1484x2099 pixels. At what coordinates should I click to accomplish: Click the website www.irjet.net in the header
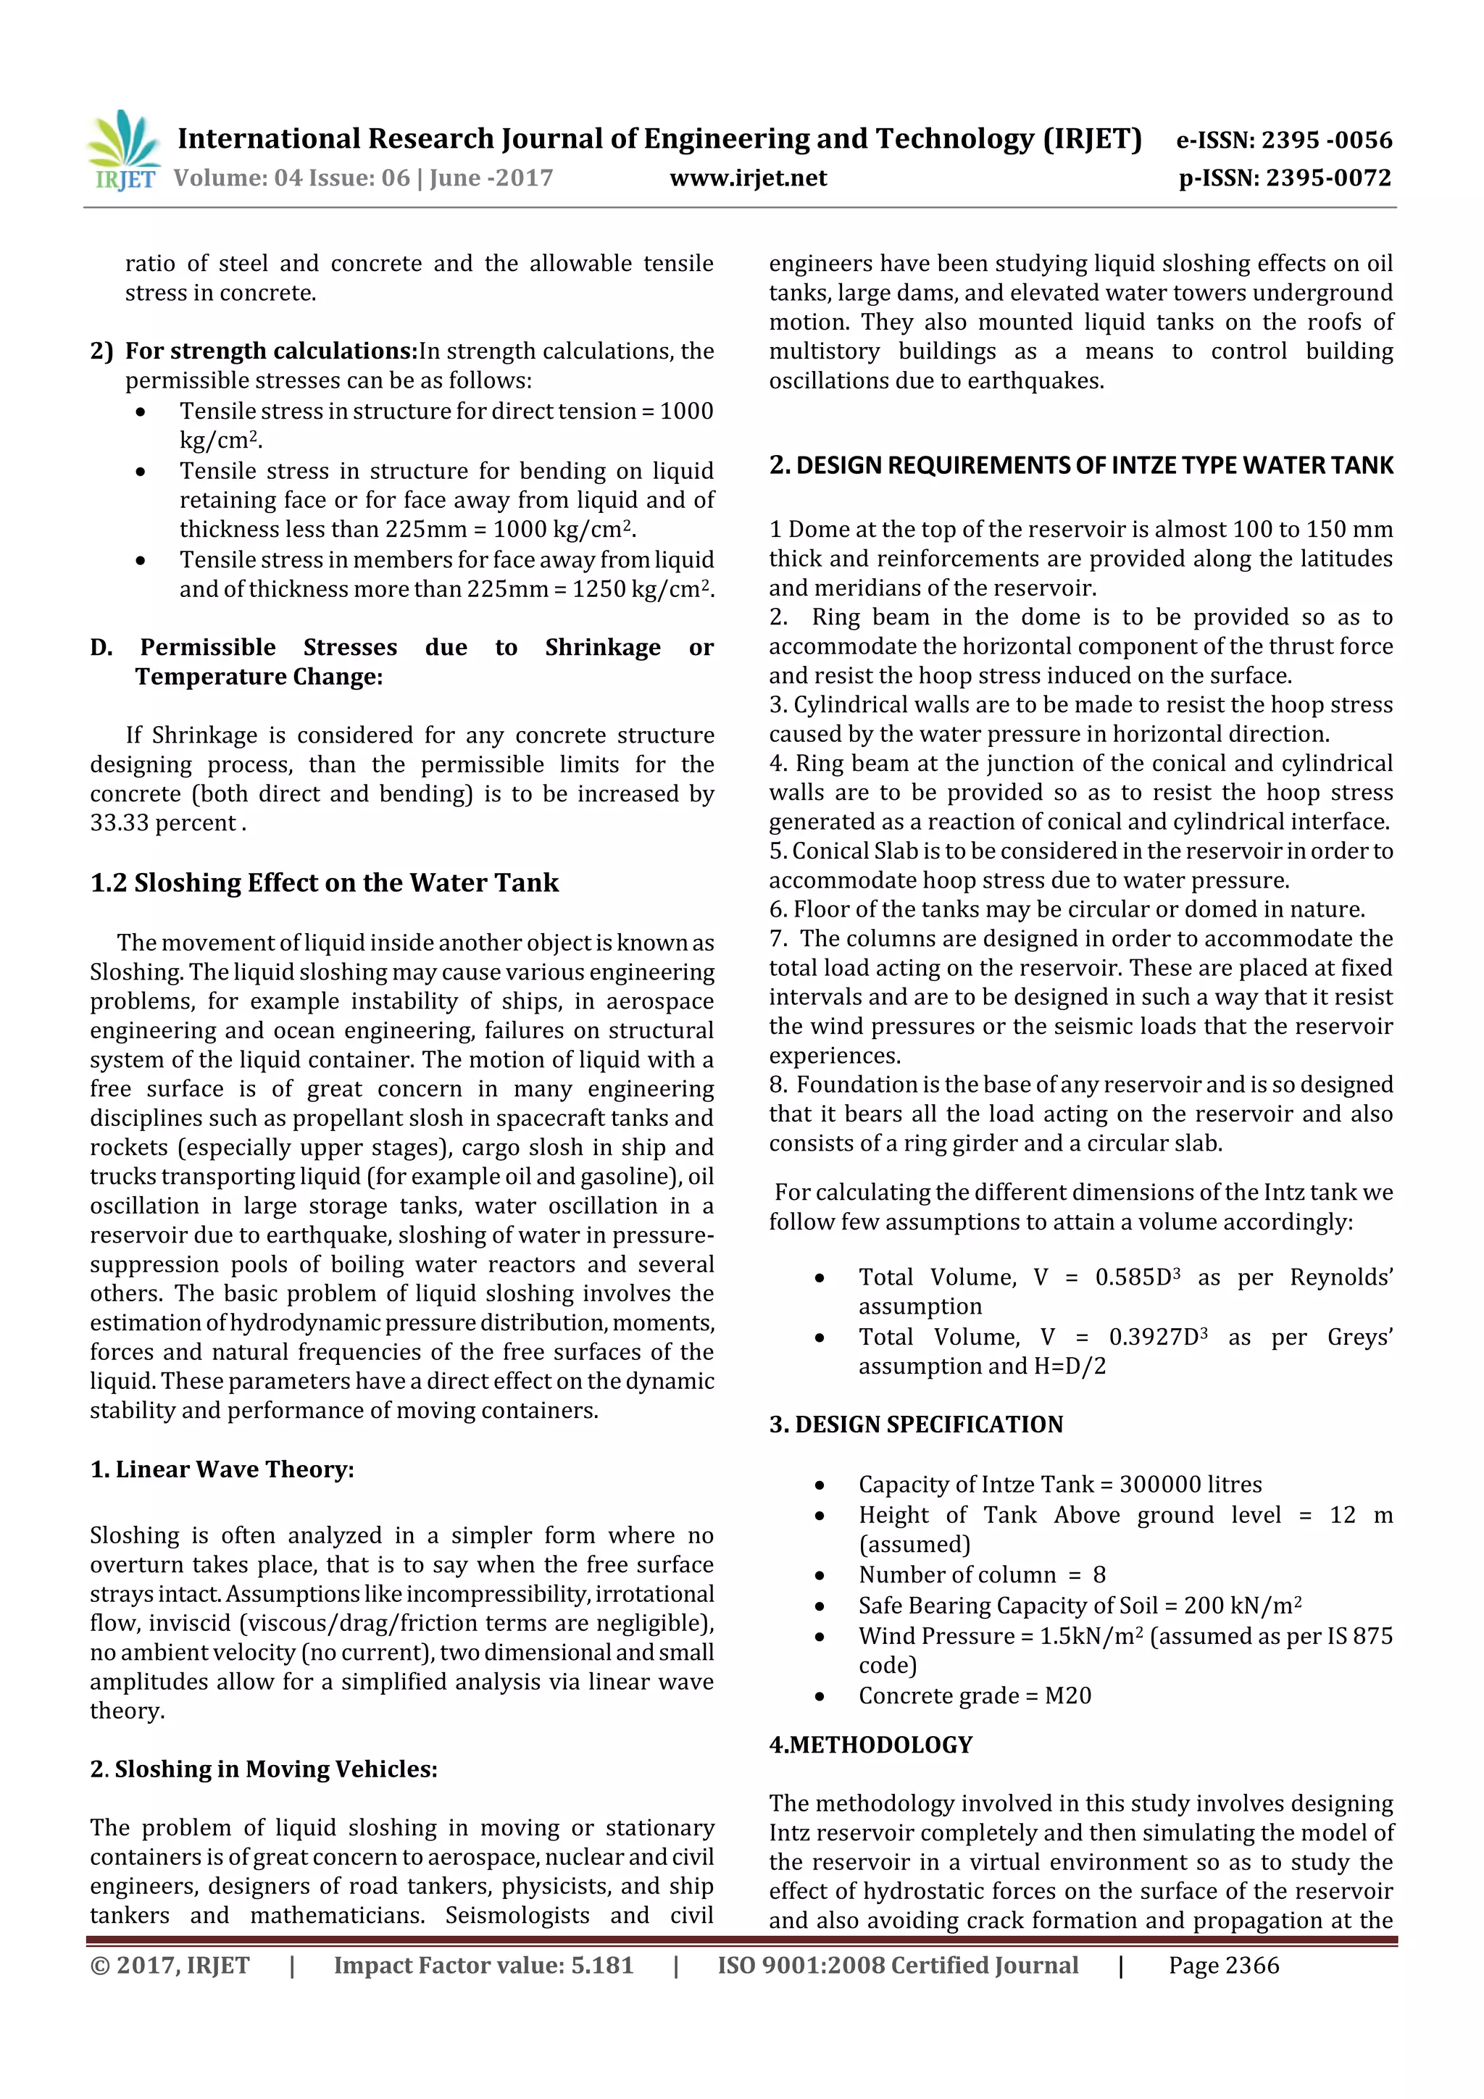(748, 178)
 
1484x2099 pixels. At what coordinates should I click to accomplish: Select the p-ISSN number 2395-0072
(1327, 178)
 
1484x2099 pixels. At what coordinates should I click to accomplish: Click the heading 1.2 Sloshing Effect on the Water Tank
(324, 883)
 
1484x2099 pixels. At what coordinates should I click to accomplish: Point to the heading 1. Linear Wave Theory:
(222, 1469)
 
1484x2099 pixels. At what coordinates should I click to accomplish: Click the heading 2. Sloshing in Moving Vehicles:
(263, 1769)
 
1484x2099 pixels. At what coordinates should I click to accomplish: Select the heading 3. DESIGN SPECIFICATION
(915, 1424)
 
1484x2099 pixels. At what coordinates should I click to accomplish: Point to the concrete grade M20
(1068, 1696)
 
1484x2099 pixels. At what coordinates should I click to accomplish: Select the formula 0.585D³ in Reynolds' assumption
(1138, 1277)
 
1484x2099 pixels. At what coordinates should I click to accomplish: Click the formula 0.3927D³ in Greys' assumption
(1158, 1338)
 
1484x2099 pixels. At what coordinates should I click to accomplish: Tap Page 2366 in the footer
(1223, 1966)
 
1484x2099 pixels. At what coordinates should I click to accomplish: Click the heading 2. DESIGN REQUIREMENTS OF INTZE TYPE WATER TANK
(1081, 465)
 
